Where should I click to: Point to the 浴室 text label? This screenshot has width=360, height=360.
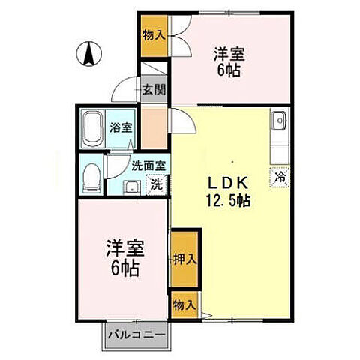pos(121,127)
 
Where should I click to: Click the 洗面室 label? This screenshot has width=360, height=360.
pos(149,166)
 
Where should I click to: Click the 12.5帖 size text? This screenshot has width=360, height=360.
pos(229,201)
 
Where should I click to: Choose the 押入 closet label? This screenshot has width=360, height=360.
pos(184,259)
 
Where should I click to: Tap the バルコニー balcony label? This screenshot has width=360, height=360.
pos(136,332)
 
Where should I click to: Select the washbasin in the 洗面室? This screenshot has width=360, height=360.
pos(130,186)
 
